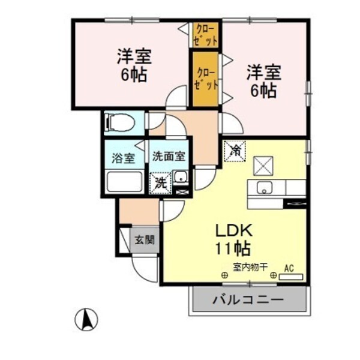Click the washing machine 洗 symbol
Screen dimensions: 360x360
click(160, 182)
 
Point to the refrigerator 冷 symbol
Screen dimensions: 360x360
click(235, 150)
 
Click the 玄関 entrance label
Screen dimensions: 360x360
click(144, 240)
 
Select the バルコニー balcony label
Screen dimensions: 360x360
click(248, 299)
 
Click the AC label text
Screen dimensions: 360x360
click(289, 268)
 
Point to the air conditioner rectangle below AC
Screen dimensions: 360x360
click(291, 277)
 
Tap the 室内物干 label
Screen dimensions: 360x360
click(246, 268)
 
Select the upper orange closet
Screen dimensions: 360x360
click(206, 35)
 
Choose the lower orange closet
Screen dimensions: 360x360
click(205, 78)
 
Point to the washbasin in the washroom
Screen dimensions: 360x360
click(180, 176)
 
